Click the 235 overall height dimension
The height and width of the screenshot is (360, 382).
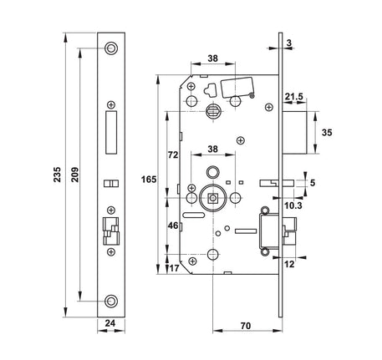tap(58, 175)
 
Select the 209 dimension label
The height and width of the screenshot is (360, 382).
tap(75, 175)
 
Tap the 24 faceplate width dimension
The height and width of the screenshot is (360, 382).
tap(110, 323)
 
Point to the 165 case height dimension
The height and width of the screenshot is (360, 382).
tap(149, 180)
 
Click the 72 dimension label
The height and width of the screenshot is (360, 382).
tap(173, 155)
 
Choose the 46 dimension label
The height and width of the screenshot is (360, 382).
tap(173, 226)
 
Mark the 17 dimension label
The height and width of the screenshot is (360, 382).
tap(174, 268)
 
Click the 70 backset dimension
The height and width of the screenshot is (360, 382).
tap(246, 326)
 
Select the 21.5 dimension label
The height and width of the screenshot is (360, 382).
tap(293, 97)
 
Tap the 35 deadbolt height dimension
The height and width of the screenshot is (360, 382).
tap(327, 133)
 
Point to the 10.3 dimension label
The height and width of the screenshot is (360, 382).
tap(293, 205)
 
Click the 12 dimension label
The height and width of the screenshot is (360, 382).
tap(289, 264)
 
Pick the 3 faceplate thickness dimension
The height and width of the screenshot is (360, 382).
tap(288, 43)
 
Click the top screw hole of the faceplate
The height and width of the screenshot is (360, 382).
tap(111, 48)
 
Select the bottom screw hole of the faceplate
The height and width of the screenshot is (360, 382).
tap(111, 301)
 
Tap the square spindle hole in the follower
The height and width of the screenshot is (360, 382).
tap(213, 198)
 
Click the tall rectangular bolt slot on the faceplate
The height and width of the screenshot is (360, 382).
tap(111, 132)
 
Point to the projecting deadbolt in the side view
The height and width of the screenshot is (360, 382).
tap(295, 133)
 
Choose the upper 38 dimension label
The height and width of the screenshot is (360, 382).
tap(213, 58)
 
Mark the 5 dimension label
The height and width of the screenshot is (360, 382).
tap(313, 183)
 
